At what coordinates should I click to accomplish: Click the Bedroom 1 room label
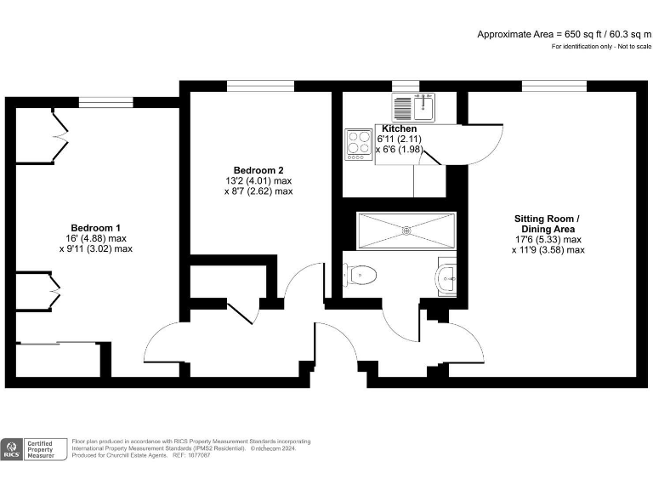95,227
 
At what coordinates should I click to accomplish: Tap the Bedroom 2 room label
258,169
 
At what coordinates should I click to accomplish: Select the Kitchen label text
399,128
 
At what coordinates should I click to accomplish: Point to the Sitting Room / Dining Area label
547,224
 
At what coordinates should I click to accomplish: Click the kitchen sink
414,108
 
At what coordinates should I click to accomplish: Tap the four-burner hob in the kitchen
357,145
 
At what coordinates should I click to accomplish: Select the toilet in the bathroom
361,275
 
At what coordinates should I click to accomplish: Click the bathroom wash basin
448,276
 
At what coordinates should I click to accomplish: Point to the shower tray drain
406,230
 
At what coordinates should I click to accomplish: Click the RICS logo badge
13,448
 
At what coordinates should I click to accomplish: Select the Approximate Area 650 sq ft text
564,34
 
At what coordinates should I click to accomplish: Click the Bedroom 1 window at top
106,102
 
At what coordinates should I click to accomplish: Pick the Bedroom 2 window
259,86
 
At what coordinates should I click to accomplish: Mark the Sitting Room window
554,86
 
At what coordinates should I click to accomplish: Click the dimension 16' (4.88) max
95,238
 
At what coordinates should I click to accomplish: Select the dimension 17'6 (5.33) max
547,240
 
